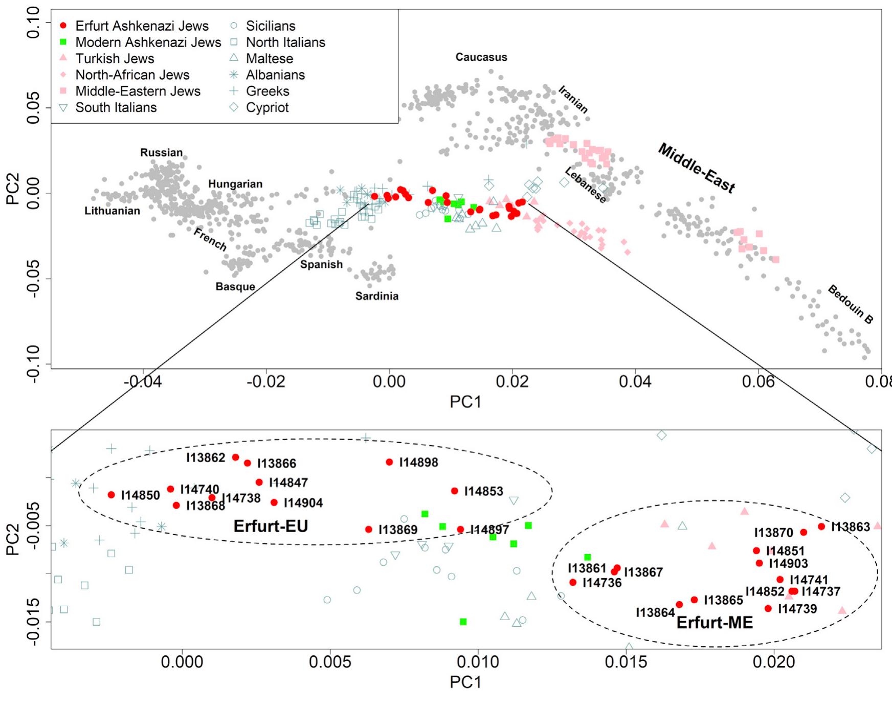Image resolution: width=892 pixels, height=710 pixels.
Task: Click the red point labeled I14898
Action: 389,462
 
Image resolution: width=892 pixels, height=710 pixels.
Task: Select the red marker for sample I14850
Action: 111,495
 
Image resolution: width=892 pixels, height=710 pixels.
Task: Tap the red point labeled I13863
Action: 821,526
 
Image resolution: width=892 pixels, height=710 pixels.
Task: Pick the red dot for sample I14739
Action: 768,608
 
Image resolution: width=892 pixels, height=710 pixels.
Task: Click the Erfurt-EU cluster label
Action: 271,526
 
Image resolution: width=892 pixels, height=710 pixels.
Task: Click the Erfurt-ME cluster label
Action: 715,622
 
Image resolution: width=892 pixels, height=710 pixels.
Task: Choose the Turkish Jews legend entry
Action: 115,58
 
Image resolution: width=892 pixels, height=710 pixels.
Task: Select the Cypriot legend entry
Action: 267,107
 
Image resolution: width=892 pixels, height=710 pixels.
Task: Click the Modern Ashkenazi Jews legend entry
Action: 148,42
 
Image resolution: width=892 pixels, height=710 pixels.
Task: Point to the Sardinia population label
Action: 377,296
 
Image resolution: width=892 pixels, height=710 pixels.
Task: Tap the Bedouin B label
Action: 851,305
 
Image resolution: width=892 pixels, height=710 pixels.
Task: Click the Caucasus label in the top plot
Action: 481,57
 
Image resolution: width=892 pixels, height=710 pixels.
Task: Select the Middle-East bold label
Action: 696,168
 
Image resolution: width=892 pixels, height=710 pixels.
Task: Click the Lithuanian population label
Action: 112,211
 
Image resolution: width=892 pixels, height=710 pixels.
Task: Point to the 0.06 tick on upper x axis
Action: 759,382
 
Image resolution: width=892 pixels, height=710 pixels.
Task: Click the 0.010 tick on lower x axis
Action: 478,662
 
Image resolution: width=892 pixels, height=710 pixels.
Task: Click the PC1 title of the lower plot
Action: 465,682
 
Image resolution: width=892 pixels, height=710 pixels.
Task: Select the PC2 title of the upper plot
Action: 12,189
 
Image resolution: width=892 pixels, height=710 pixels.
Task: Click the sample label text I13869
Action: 398,530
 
